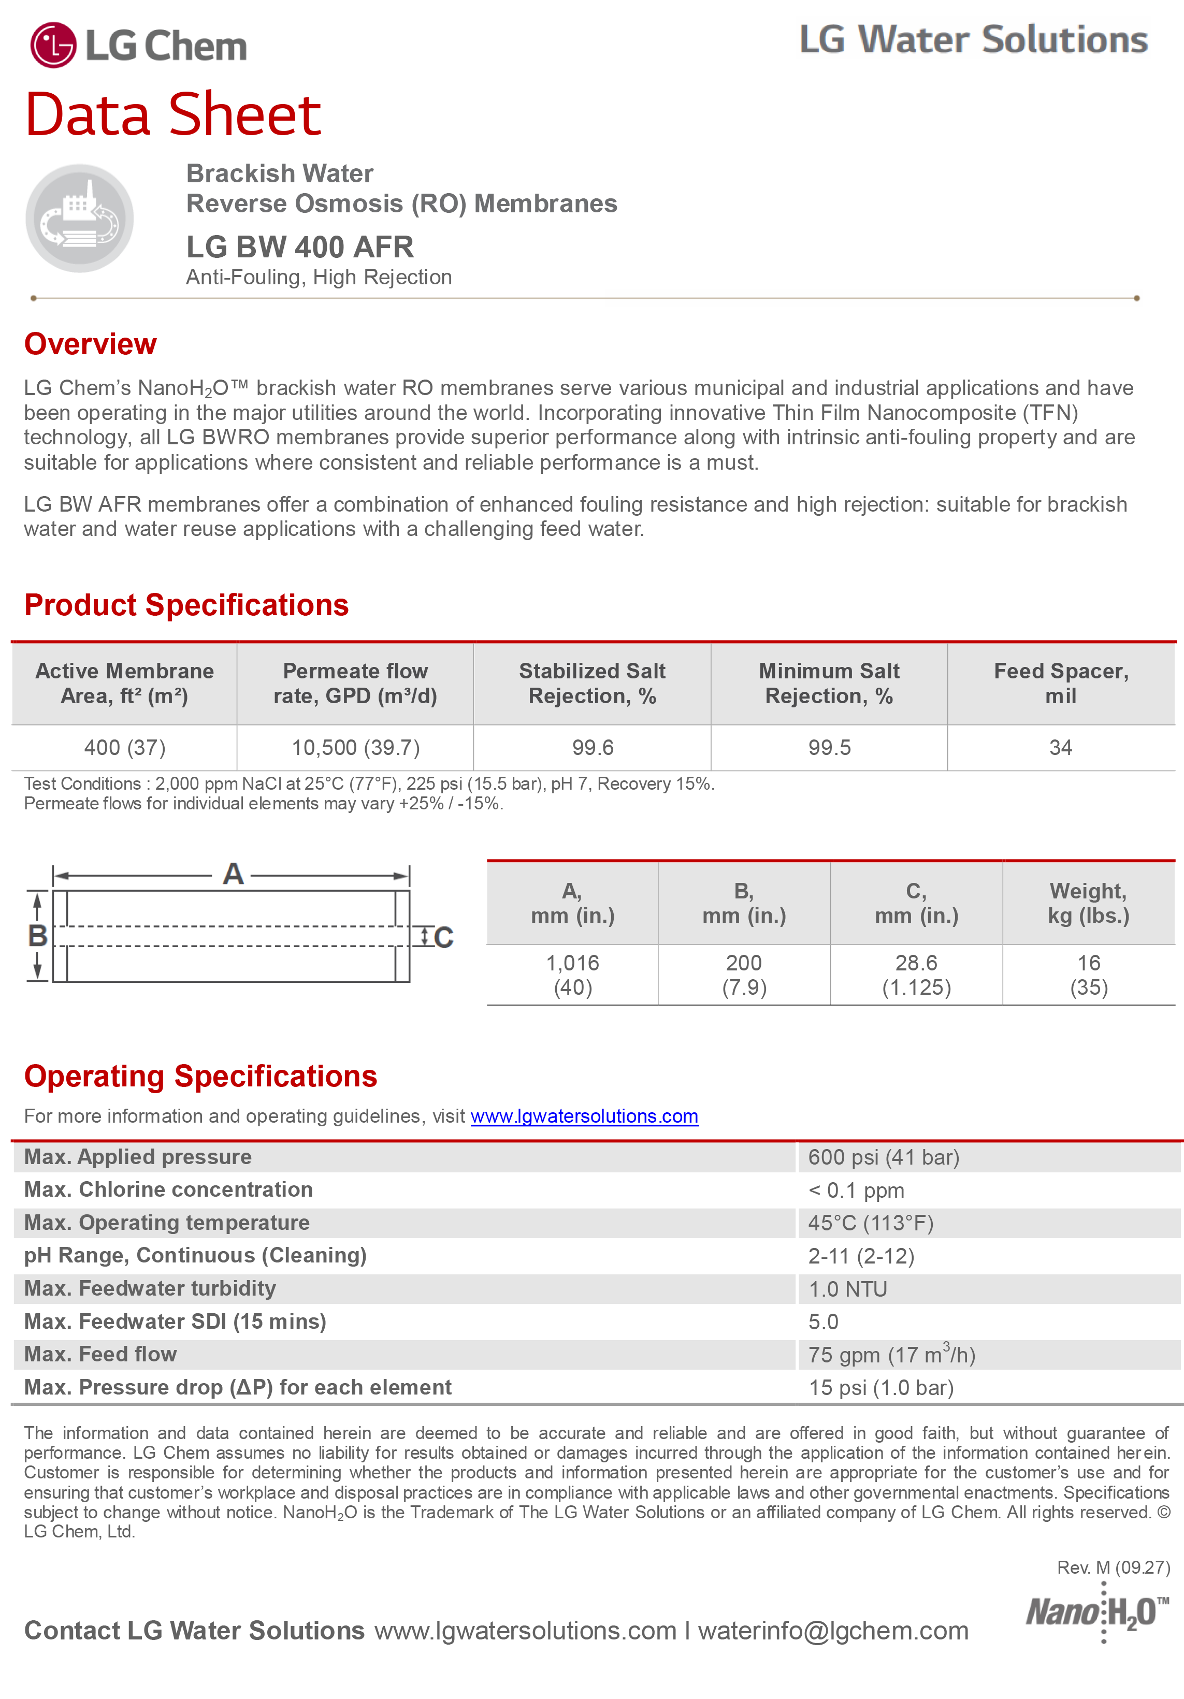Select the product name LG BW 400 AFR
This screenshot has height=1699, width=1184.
(300, 247)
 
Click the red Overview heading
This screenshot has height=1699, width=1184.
(90, 344)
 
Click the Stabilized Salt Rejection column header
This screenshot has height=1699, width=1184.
(592, 683)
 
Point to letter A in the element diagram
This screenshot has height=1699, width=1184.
(233, 874)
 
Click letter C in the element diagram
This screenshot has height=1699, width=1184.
(443, 938)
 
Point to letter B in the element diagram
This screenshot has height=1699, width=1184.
(38, 936)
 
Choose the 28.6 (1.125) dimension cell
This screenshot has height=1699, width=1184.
(916, 975)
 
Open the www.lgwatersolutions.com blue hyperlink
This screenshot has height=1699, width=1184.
(585, 1116)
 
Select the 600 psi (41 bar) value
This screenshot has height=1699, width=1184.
(884, 1157)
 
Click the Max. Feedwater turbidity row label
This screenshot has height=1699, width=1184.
(150, 1288)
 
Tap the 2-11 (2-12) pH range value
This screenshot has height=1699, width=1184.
(861, 1256)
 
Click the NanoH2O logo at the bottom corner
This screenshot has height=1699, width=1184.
(1096, 1611)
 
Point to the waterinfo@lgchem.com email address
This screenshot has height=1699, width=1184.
(833, 1631)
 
